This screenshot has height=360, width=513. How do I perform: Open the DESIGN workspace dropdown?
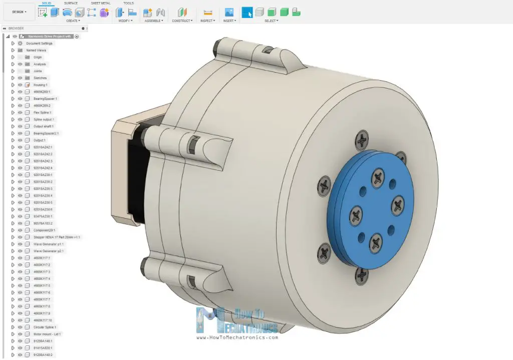[19, 12]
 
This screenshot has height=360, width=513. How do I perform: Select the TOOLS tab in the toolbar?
[128, 3]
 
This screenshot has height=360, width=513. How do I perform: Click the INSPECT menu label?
[207, 21]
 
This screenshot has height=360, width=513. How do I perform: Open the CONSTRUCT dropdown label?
[181, 21]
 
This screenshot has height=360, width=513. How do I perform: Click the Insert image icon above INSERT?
[229, 13]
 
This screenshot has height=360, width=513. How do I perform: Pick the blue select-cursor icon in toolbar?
[247, 13]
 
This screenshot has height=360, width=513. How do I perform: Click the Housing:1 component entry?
[41, 85]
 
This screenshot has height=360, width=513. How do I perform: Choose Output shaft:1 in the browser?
[43, 126]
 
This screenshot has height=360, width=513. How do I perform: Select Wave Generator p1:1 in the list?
[49, 244]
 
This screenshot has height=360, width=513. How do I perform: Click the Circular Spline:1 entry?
[45, 327]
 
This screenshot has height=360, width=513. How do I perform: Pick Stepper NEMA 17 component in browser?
[57, 237]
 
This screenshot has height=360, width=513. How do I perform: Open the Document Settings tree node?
[39, 44]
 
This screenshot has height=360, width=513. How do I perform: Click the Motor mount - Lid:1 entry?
[47, 334]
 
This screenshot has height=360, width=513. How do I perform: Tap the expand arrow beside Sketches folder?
[13, 78]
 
